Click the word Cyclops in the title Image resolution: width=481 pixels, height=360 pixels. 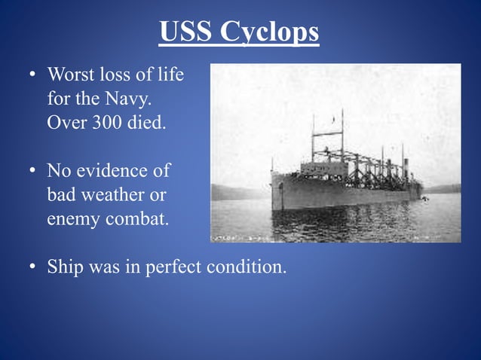tap(269, 32)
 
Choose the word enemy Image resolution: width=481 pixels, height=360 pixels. tap(72, 219)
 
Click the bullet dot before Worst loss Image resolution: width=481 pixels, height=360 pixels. tap(32, 76)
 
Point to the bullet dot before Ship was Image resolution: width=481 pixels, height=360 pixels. tap(32, 268)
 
